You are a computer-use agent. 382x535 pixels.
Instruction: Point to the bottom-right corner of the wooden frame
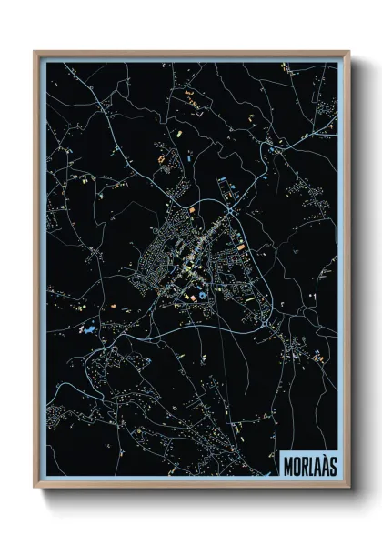point(348,489)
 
